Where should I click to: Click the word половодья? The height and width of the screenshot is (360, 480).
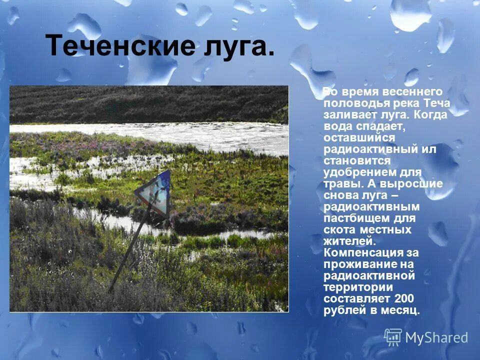tap(353, 103)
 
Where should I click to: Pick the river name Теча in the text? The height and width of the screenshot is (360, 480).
tap(437, 103)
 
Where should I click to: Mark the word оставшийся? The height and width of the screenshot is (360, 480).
tap(359, 137)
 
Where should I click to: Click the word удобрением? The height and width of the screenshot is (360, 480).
tap(358, 172)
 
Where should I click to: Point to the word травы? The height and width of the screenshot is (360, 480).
tap(340, 183)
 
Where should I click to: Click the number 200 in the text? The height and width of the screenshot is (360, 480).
tap(404, 298)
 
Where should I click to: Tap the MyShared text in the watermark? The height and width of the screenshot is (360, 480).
tap(436, 338)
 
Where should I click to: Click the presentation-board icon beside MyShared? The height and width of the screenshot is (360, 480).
tap(393, 337)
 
